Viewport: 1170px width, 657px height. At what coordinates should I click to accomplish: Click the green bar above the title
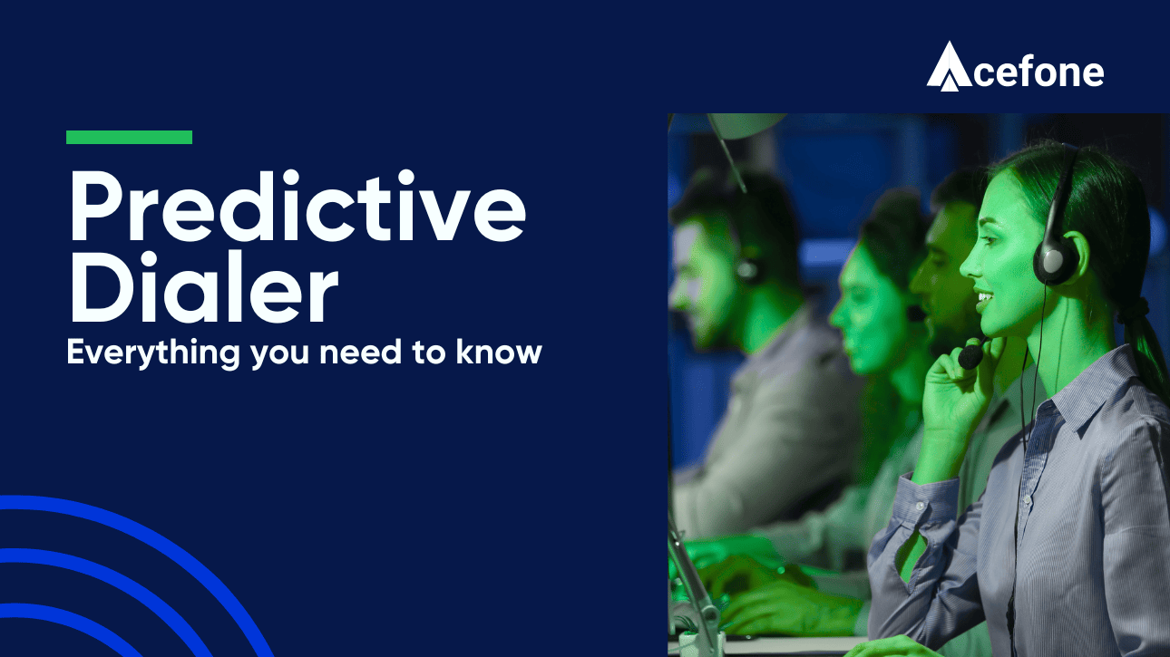[129, 137]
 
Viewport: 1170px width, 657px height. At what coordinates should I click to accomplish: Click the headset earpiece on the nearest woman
[1056, 258]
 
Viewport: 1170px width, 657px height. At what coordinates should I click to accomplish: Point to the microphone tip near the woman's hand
[970, 356]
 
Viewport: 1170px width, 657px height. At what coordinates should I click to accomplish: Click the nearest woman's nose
[967, 261]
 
